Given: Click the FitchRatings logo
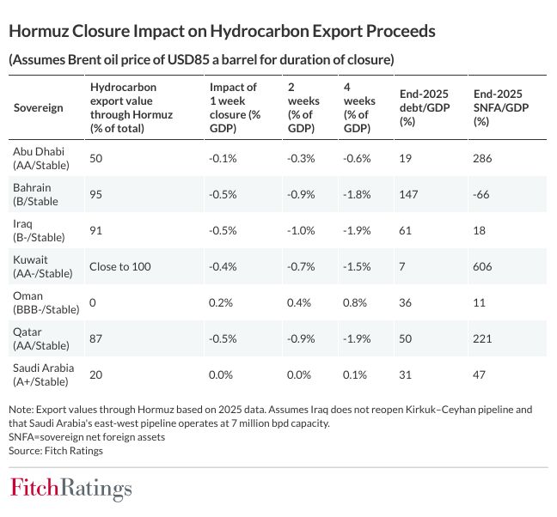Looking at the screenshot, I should pos(70,489).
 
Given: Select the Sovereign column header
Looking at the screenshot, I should pos(39,108).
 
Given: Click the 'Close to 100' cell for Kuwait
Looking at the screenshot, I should pos(119,267).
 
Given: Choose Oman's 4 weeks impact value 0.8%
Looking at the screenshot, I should pos(355,302).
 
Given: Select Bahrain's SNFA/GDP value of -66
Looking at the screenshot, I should pos(481,194).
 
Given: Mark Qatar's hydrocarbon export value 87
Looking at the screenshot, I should pos(95,339).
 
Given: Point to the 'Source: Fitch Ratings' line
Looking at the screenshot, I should pos(51,449).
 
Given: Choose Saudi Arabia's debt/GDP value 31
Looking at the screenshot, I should pos(407,374).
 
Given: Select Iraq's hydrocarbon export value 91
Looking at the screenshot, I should pos(95,231).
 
